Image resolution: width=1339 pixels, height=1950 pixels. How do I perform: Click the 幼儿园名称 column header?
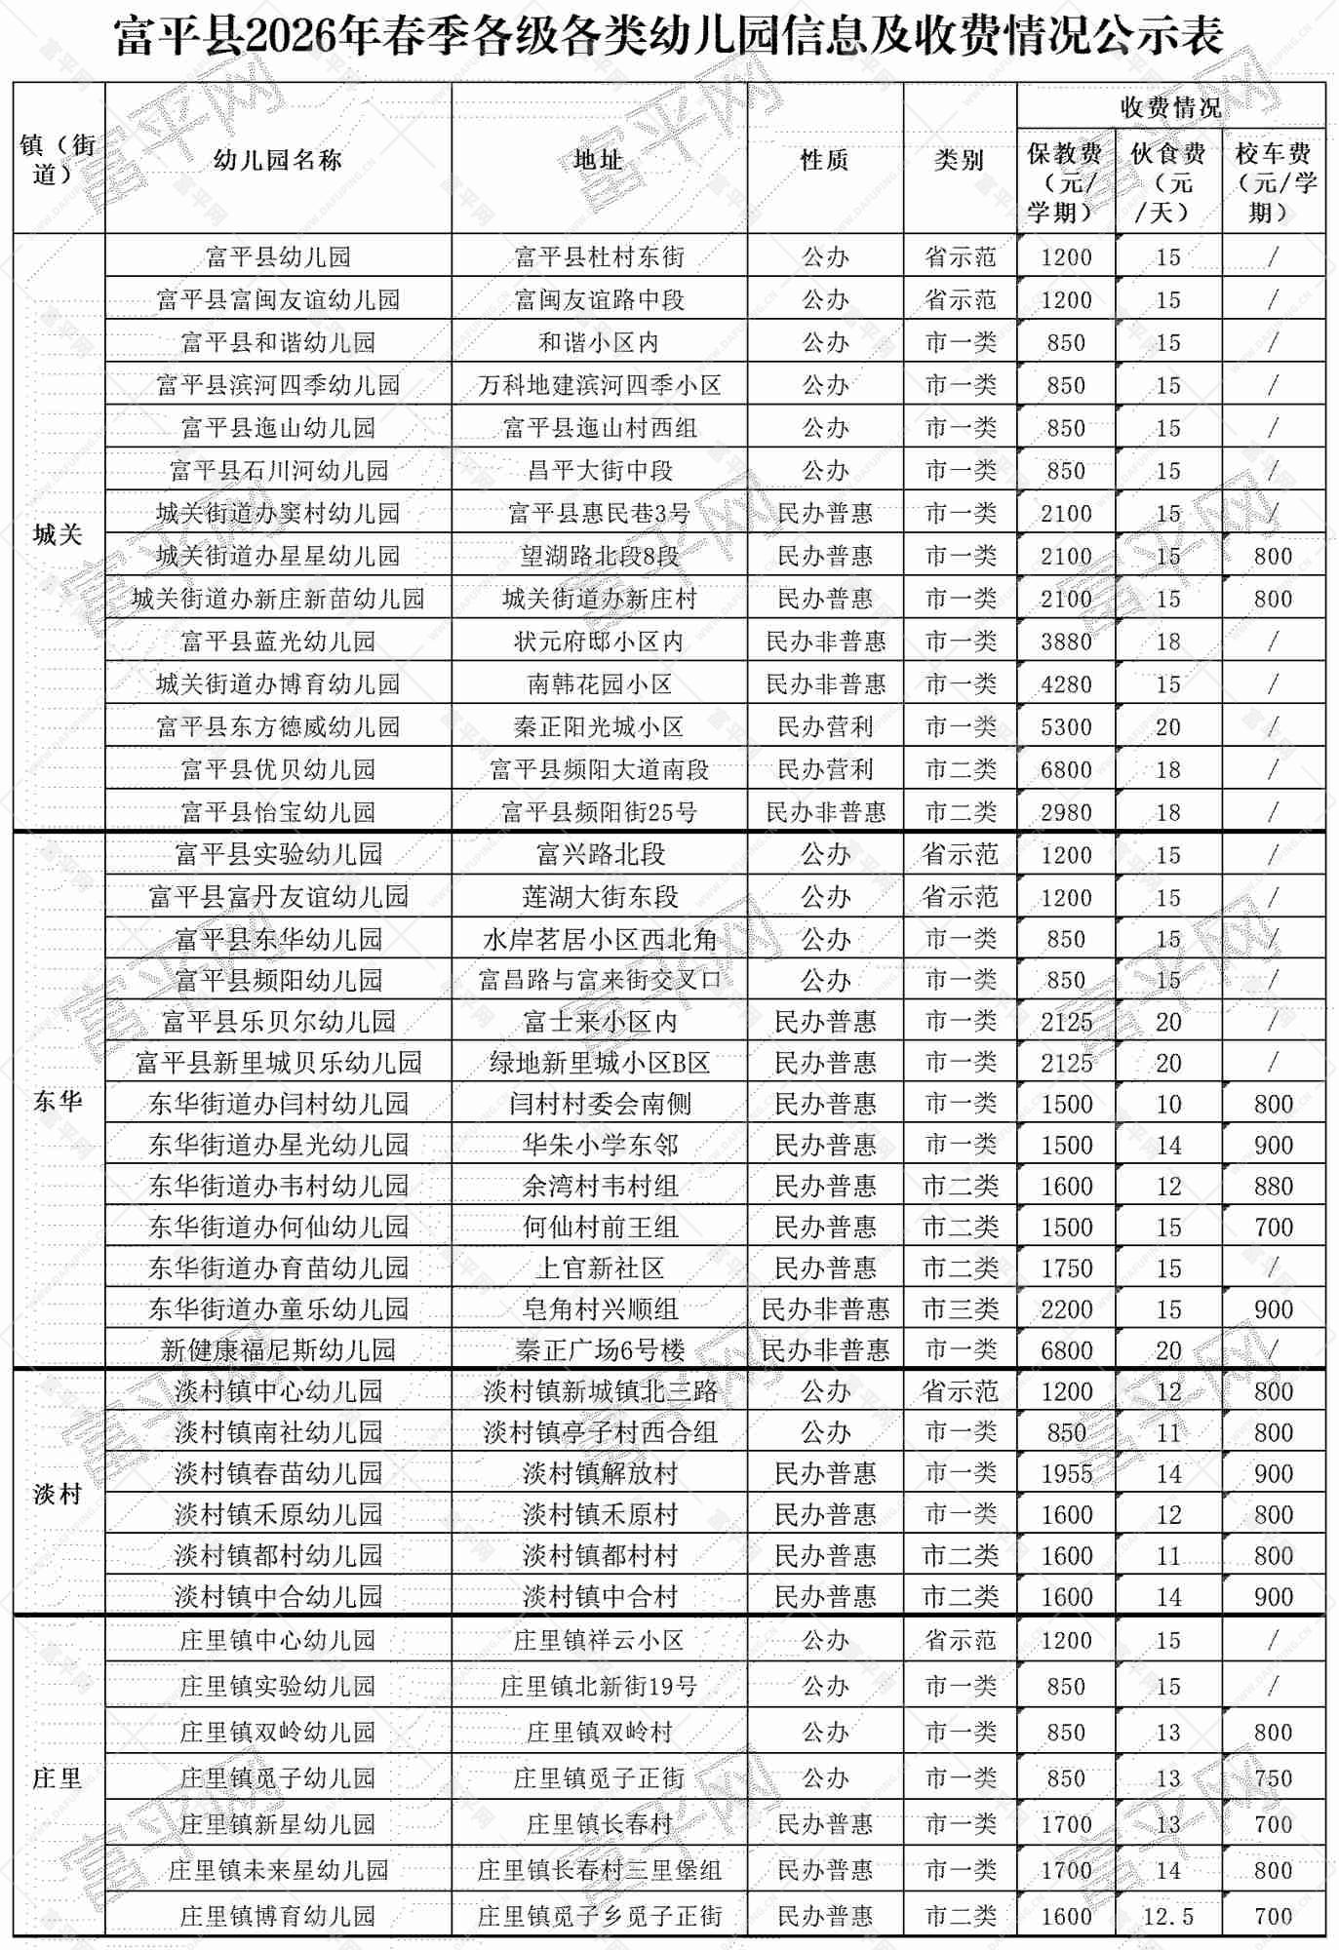coord(278,160)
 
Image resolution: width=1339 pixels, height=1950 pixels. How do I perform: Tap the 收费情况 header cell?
coord(1170,106)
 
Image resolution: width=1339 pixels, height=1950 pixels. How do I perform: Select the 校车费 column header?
coord(1274,181)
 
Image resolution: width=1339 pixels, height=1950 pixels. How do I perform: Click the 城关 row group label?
coord(58,533)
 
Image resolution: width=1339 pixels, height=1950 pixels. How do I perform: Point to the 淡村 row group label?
coord(58,1494)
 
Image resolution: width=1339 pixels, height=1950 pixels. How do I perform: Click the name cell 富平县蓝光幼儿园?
coord(278,642)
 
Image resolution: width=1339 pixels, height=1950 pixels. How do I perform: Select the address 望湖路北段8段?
coord(600,556)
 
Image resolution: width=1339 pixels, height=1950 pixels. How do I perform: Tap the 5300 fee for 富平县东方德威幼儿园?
coord(1066,727)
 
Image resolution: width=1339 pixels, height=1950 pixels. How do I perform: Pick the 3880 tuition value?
coord(1066,642)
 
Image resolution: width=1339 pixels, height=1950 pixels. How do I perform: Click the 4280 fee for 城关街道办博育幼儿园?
coord(1066,684)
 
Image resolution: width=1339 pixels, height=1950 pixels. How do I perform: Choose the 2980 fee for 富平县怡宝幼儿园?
coord(1066,812)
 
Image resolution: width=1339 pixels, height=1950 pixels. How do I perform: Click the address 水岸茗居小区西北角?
coord(600,939)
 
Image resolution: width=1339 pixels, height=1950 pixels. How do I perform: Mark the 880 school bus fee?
coord(1274,1187)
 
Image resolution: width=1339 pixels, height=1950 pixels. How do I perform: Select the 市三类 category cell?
coord(961,1309)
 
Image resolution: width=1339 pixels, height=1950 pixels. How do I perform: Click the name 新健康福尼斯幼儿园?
coord(278,1350)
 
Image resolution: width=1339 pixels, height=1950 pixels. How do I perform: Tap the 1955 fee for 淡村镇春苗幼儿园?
coord(1066,1473)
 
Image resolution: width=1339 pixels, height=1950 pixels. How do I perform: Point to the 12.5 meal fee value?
coord(1168,1917)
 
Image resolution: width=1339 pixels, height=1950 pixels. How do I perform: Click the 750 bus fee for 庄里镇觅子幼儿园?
coord(1274,1778)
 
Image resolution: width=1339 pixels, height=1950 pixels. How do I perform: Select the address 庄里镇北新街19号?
coord(600,1686)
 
